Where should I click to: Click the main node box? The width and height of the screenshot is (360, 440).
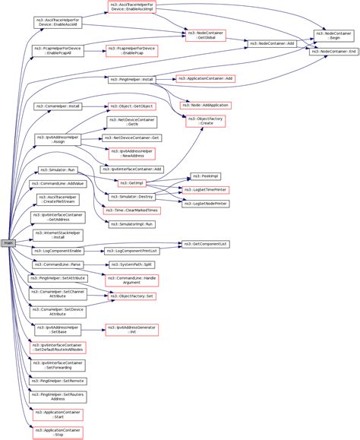click(9, 242)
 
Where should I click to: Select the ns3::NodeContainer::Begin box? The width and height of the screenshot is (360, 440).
click(333, 36)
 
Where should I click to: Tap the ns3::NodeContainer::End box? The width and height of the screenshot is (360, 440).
click(333, 51)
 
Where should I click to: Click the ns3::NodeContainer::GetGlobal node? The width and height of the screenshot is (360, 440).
click(207, 36)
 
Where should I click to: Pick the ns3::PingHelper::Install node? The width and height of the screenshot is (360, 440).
click(131, 79)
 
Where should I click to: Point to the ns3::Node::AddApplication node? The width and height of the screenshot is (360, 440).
click(205, 105)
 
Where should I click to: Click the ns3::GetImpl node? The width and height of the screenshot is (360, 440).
click(131, 182)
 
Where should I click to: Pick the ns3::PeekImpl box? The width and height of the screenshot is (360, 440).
click(205, 176)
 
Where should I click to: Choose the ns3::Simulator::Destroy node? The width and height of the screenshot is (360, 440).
click(135, 196)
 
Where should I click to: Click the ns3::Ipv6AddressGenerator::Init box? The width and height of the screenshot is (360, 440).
click(131, 330)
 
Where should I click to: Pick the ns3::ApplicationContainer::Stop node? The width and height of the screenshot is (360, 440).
click(58, 432)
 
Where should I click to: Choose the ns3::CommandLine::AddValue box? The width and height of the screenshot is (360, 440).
click(58, 184)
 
